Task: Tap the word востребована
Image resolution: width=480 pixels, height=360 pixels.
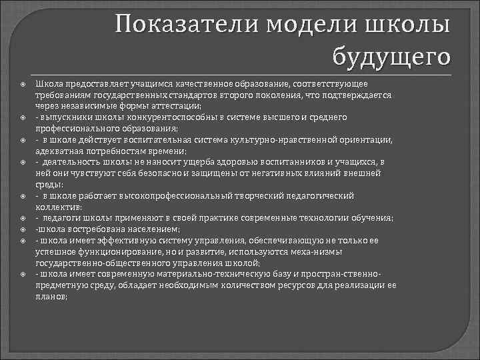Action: coord(82,228)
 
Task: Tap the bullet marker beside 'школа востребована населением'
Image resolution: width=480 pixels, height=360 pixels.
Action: coord(22,228)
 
